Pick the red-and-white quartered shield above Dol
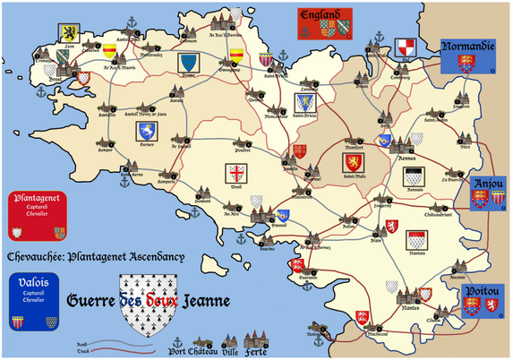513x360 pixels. pos(406,47)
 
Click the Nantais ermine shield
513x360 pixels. pos(415,240)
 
